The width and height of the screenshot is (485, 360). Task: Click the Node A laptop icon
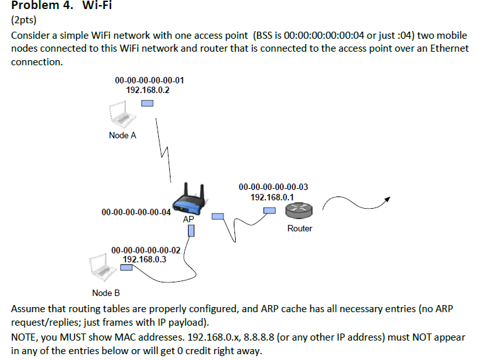click(119, 117)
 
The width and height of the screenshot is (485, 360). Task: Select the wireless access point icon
click(191, 201)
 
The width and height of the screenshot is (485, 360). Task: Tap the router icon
click(299, 211)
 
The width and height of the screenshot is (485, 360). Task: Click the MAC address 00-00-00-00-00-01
click(149, 81)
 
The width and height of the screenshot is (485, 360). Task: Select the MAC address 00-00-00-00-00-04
click(136, 212)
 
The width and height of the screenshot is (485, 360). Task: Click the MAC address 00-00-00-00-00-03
click(273, 187)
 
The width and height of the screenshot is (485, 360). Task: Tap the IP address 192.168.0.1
click(273, 196)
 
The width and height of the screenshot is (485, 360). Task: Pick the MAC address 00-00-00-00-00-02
click(146, 249)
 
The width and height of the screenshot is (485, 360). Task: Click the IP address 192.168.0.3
click(145, 259)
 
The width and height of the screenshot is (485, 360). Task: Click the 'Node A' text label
click(123, 136)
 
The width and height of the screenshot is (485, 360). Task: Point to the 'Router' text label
click(300, 228)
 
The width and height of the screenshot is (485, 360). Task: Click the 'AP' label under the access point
click(188, 220)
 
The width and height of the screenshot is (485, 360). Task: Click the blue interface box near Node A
click(147, 103)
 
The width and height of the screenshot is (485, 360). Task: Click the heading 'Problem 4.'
click(41, 6)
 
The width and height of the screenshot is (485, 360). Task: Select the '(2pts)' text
click(25, 20)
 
